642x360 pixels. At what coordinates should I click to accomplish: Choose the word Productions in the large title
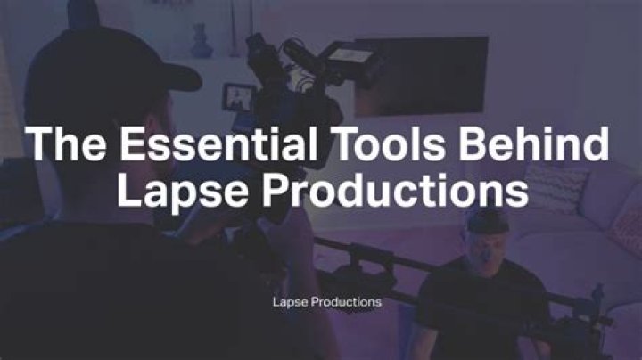point(391,191)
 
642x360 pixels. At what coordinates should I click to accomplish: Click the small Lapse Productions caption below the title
point(326,302)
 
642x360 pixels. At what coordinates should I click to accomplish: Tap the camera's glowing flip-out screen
point(240,96)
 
